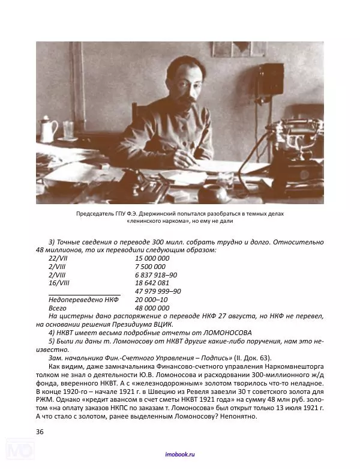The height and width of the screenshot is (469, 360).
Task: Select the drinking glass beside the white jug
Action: coord(68,131)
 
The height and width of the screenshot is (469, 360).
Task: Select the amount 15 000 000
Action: coord(152,258)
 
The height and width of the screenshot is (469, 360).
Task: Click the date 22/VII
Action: coord(58,258)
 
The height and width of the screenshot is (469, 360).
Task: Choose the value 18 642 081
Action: coord(152,282)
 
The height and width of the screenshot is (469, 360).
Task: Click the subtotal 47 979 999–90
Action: coord(158,291)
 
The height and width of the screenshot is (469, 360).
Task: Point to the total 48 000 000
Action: coord(152,307)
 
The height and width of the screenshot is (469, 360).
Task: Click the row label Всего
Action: coord(58,307)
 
